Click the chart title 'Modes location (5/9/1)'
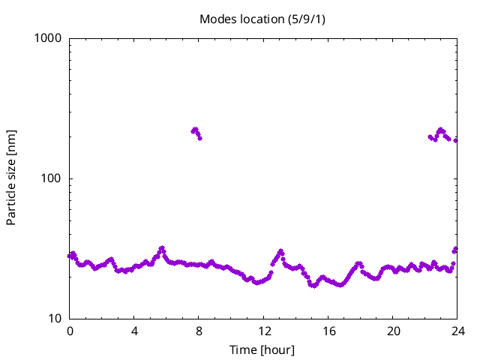click(x=262, y=19)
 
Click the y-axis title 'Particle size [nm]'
click(x=11, y=178)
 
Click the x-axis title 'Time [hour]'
click(x=262, y=350)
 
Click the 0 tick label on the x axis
click(x=70, y=331)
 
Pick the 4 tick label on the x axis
click(x=134, y=331)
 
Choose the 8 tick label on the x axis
click(x=199, y=331)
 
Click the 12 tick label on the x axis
click(x=263, y=331)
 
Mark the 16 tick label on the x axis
click(x=328, y=331)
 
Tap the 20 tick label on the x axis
click(x=392, y=331)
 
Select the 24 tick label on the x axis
click(x=457, y=331)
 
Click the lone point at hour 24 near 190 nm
click(x=456, y=140)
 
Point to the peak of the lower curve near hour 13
click(x=280, y=251)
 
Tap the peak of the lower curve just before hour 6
click(x=161, y=248)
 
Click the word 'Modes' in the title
click(x=217, y=19)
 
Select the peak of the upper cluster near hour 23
click(x=441, y=130)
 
